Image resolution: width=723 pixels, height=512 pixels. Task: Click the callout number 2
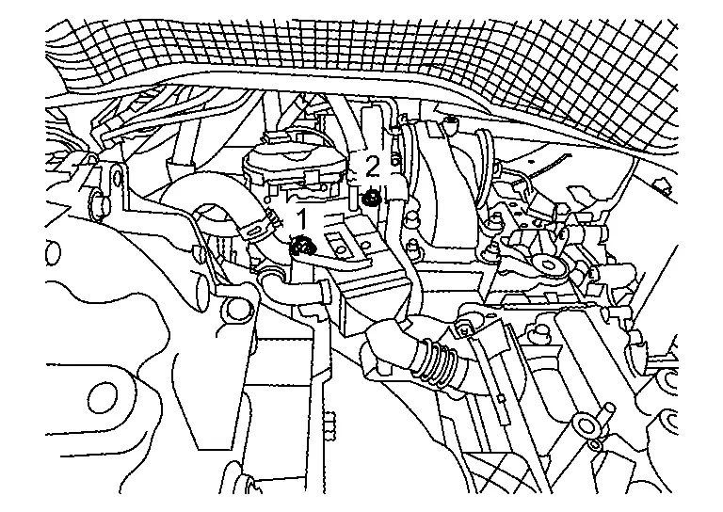(373, 168)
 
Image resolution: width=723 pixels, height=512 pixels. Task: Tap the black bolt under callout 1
(302, 248)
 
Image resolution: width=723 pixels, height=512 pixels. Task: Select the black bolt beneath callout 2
(372, 198)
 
